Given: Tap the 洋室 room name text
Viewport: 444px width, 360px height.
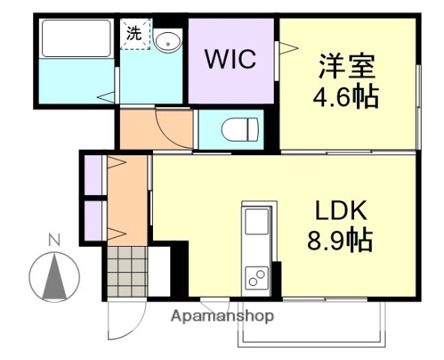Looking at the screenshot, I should coord(346,64).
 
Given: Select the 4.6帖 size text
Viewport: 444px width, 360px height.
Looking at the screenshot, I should coord(346,97).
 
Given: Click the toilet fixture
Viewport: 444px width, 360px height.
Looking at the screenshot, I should coord(237,130).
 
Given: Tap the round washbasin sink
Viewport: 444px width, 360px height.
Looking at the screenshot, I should coord(167,40).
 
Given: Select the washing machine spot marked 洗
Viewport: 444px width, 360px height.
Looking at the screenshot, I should coord(134,34).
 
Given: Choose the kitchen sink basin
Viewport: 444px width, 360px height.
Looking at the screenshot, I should coord(256,223).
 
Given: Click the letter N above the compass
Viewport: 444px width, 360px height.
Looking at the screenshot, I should coord(54,241).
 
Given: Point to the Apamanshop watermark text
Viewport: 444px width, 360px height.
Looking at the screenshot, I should coord(223,316).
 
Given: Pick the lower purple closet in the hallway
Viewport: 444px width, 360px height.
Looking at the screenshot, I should coord(92,220).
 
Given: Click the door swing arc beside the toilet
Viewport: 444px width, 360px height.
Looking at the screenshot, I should coord(174,124).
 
